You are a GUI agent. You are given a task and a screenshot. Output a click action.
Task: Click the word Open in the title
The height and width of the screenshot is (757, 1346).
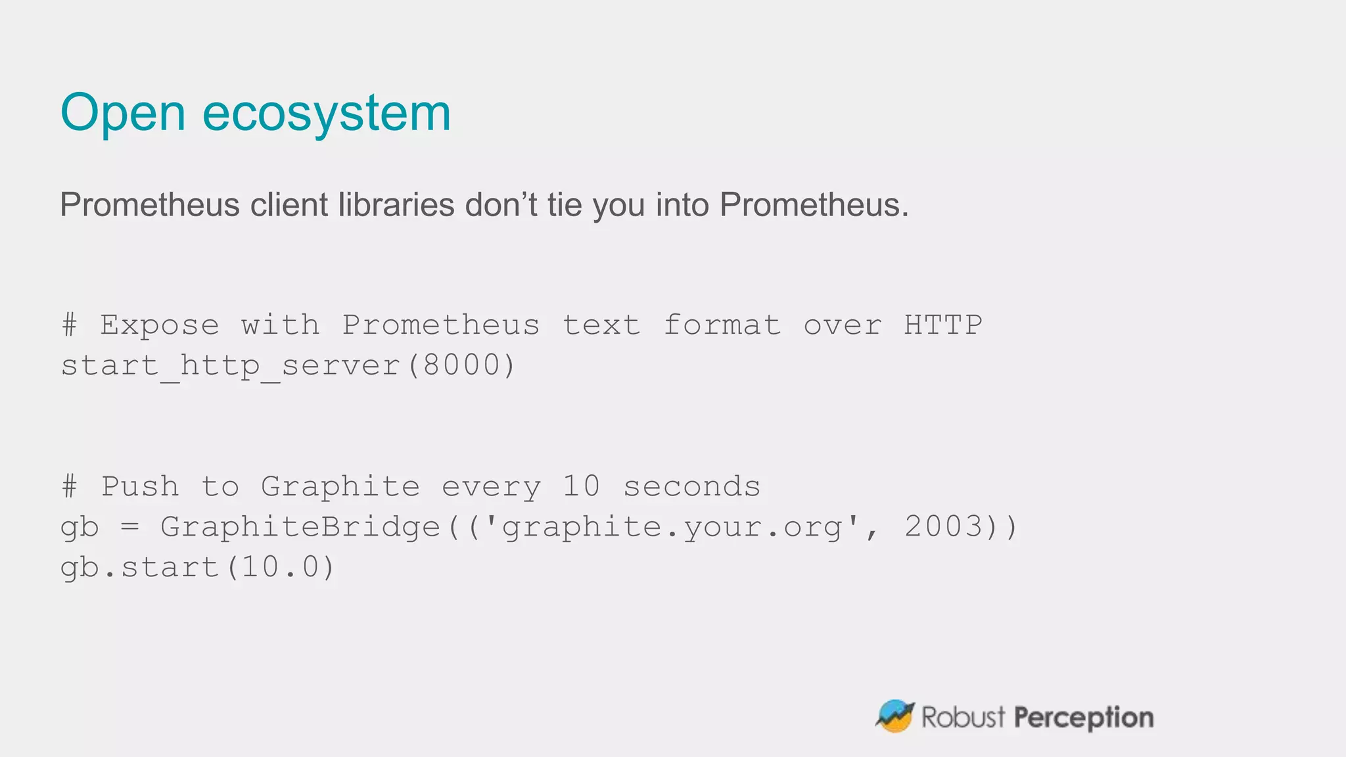click(x=123, y=113)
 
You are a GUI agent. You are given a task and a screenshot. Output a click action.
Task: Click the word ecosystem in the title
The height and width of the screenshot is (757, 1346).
click(x=326, y=113)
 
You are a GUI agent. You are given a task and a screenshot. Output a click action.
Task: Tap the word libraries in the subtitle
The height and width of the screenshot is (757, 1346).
click(x=396, y=204)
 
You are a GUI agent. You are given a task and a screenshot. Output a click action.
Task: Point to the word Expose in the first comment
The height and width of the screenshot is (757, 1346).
click(x=159, y=325)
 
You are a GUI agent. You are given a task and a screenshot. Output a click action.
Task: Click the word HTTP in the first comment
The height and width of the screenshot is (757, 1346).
click(x=942, y=325)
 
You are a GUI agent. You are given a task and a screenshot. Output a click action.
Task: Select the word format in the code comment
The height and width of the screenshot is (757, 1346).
click(x=722, y=325)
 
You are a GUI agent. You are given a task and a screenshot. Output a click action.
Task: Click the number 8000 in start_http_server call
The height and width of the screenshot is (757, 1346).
click(x=461, y=365)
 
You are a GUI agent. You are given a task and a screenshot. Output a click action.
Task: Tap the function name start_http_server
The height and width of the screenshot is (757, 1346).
click(x=230, y=365)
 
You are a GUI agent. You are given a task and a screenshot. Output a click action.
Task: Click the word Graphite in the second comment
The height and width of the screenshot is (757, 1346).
click(x=340, y=487)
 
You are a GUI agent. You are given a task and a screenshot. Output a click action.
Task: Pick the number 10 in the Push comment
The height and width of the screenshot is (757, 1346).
click(x=581, y=487)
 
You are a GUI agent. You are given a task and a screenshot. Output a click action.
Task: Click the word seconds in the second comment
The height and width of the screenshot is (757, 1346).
click(x=691, y=487)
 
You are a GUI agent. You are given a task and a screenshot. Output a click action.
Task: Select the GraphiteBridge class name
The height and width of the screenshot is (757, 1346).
click(x=300, y=527)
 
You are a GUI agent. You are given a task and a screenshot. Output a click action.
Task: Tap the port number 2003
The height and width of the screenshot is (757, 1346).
click(x=943, y=527)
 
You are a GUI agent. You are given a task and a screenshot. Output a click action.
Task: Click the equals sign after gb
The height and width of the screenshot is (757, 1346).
click(x=129, y=527)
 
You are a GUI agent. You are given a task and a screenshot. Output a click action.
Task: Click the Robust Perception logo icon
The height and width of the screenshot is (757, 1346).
click(x=894, y=716)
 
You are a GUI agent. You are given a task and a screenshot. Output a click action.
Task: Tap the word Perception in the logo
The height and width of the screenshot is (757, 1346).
click(x=1083, y=718)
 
